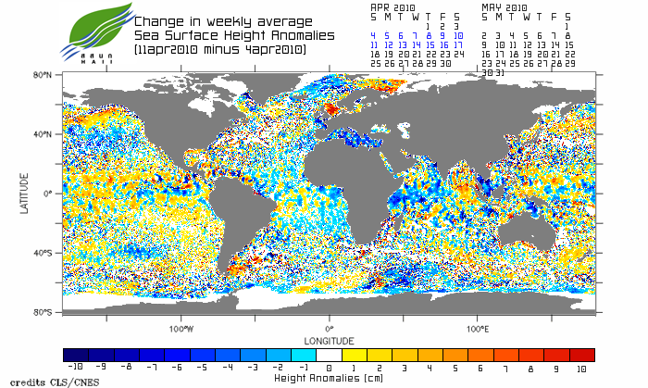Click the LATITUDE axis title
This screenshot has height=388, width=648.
coord(25,194)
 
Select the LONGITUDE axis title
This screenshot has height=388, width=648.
coord(329,339)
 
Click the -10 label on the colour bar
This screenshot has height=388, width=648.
coord(76,368)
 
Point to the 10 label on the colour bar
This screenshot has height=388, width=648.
coord(581,368)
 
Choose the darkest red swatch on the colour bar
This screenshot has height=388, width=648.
coord(582,355)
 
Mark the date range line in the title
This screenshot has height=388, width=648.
coord(219,48)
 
